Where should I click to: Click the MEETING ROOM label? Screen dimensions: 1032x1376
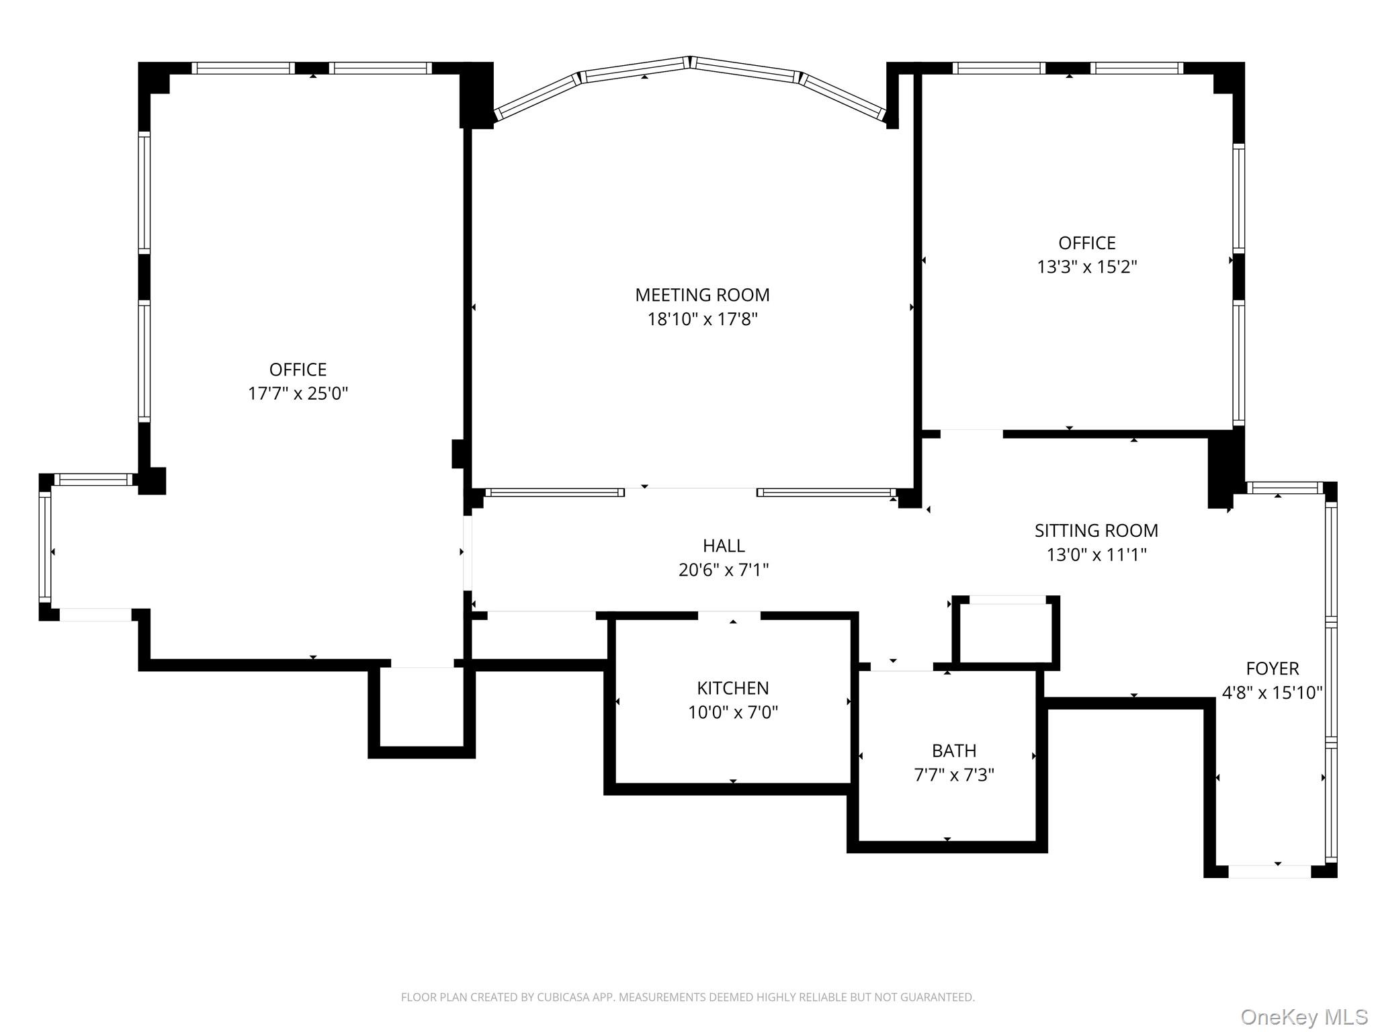tap(702, 295)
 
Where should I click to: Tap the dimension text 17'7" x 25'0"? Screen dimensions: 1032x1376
tap(298, 394)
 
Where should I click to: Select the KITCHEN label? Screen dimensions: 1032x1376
tap(732, 688)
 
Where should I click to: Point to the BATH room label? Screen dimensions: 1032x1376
tap(953, 750)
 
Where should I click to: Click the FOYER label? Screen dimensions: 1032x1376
tap(1272, 669)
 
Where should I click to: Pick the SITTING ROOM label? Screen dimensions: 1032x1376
tap(1096, 531)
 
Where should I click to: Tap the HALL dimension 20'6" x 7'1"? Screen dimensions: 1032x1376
tap(723, 570)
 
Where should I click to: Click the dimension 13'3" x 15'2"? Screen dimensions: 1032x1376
tap(1086, 267)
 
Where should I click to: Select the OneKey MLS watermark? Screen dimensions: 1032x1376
tap(1303, 1017)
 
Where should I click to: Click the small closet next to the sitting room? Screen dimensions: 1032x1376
tap(1005, 632)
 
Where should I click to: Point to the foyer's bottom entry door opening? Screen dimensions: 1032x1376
tap(1269, 871)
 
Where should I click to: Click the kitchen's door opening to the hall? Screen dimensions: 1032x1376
tap(729, 615)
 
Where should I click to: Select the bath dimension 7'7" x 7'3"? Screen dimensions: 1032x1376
tap(953, 775)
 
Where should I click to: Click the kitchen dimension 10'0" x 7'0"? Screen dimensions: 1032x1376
tap(732, 712)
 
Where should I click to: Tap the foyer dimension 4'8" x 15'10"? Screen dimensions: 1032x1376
tap(1272, 693)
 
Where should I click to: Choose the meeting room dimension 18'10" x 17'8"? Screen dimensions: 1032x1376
tap(702, 319)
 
